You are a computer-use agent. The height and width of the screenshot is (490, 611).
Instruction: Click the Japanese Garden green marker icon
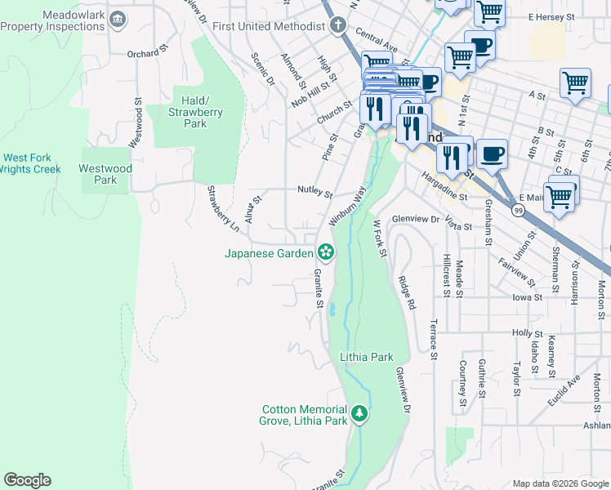click(326, 252)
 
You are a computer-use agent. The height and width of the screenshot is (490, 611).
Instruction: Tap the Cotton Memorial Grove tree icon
click(359, 415)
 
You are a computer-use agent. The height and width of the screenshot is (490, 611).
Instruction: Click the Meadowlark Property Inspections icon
click(118, 19)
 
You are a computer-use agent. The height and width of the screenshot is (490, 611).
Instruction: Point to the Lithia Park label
click(367, 357)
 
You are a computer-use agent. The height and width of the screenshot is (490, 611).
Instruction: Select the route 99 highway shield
click(519, 210)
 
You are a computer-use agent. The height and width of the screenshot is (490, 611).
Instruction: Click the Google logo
click(27, 480)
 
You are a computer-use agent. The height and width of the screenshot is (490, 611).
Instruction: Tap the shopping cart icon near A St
click(575, 82)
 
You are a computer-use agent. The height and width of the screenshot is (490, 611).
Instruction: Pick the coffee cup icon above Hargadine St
click(492, 153)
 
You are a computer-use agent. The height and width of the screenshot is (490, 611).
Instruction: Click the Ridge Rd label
click(408, 292)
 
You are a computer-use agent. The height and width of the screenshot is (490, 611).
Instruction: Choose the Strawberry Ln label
click(222, 207)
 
